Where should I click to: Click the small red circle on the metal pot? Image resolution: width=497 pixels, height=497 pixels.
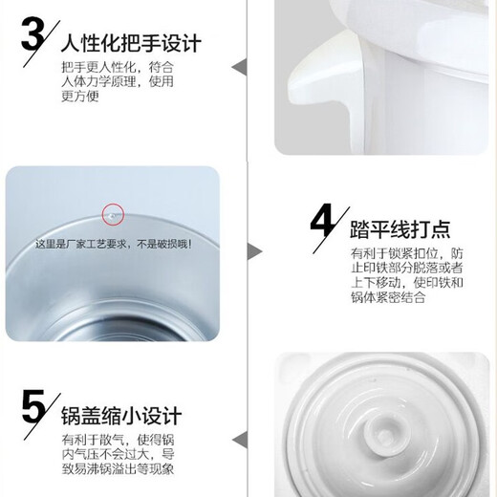114,215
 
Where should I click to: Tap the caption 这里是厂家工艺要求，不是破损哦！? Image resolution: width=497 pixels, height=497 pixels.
114,244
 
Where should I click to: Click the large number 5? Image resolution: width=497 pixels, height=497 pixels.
32,409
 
